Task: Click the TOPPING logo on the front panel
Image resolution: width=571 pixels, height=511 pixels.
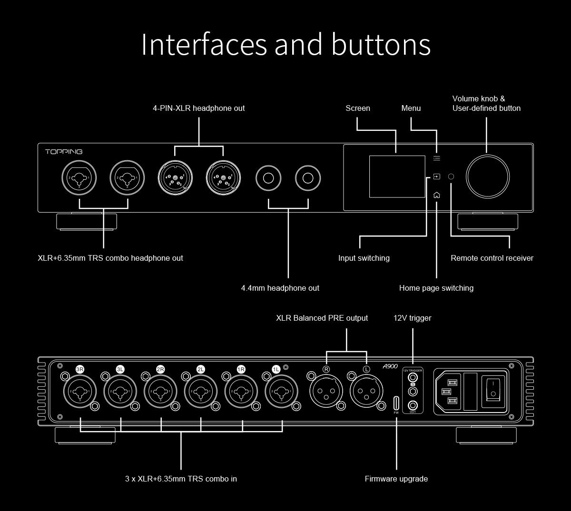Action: click(x=64, y=152)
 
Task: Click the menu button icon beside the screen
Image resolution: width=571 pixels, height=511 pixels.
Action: click(x=437, y=158)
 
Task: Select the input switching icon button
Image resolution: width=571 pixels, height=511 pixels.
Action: click(x=437, y=177)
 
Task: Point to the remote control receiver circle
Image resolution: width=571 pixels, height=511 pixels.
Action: click(x=451, y=177)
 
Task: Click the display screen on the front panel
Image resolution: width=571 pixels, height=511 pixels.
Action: click(x=397, y=177)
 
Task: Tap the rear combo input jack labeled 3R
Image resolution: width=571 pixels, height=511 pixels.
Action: click(x=80, y=392)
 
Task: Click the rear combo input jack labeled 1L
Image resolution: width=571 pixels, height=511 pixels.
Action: click(x=281, y=392)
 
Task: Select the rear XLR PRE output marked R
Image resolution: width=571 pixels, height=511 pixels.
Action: click(x=326, y=392)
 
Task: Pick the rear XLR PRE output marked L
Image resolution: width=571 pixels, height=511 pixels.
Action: click(x=366, y=392)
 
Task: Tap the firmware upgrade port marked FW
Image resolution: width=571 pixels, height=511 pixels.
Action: click(x=396, y=403)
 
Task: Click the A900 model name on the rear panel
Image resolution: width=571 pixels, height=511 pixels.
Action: click(x=390, y=367)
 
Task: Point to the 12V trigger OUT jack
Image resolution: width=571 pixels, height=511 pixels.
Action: click(x=413, y=405)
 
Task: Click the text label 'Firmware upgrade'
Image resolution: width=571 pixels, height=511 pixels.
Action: click(x=396, y=479)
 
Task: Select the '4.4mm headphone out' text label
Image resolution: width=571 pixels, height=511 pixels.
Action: click(x=280, y=288)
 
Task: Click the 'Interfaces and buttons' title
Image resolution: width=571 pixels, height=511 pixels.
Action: click(x=285, y=44)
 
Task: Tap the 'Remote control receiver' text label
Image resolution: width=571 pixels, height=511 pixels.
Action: click(x=492, y=258)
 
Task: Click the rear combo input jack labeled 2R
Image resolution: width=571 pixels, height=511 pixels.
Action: click(x=161, y=392)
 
